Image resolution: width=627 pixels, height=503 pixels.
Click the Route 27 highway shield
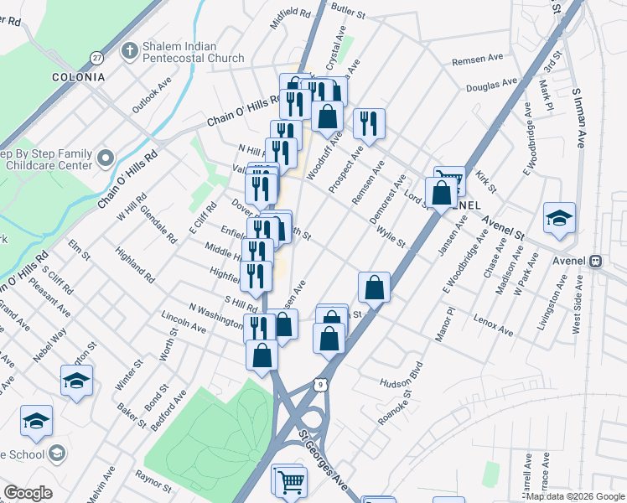pos(97,57)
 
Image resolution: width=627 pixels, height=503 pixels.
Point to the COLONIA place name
pos(78,77)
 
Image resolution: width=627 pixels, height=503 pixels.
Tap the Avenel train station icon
pos(597,260)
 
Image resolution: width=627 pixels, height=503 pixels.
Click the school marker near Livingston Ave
pos(559,218)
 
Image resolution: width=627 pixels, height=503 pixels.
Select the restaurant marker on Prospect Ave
pos(369,124)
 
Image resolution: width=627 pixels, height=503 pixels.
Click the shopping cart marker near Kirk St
pos(450,179)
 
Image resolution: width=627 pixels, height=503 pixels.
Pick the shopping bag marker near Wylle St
pos(374,287)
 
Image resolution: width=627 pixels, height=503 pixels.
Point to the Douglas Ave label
pos(491,85)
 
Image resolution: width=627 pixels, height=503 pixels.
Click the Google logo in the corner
pos(28,493)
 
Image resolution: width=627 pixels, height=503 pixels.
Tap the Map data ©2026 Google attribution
pos(574,496)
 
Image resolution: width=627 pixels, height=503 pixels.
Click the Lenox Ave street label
pos(492,324)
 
